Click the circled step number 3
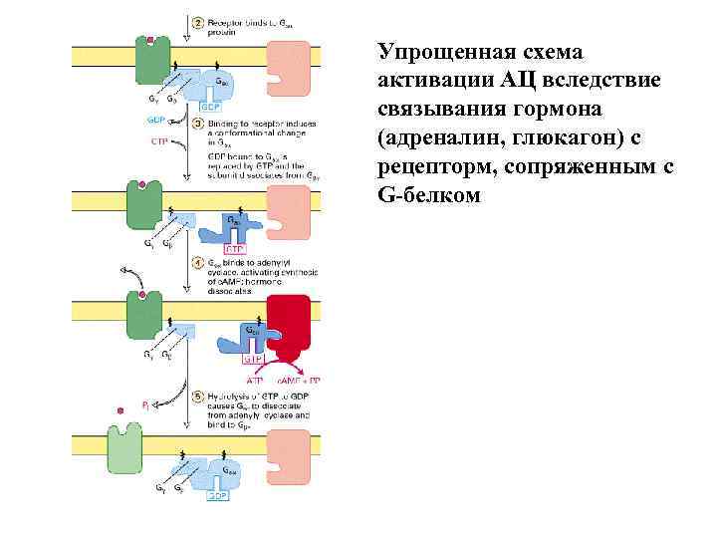point(198,124)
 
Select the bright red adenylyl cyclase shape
point(294,325)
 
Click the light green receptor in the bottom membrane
point(123,443)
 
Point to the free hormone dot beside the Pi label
point(121,408)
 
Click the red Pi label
point(146,404)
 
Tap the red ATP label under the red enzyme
point(254,381)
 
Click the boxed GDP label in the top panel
point(214,106)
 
